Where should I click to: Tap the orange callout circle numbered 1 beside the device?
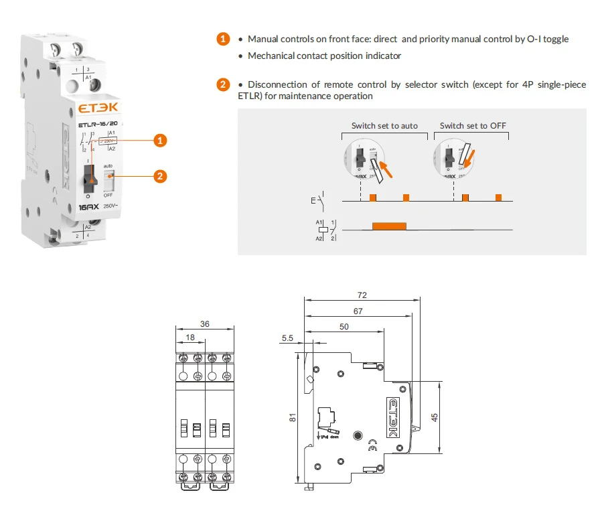point(159,141)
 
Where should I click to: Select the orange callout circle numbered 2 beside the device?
point(159,176)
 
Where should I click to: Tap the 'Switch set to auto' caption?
point(384,125)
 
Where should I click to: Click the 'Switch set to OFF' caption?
point(473,125)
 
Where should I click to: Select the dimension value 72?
point(362,295)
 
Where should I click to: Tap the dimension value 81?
point(293,417)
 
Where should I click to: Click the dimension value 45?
point(435,417)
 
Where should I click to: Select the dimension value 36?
point(204,323)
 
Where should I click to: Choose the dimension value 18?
point(190,338)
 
